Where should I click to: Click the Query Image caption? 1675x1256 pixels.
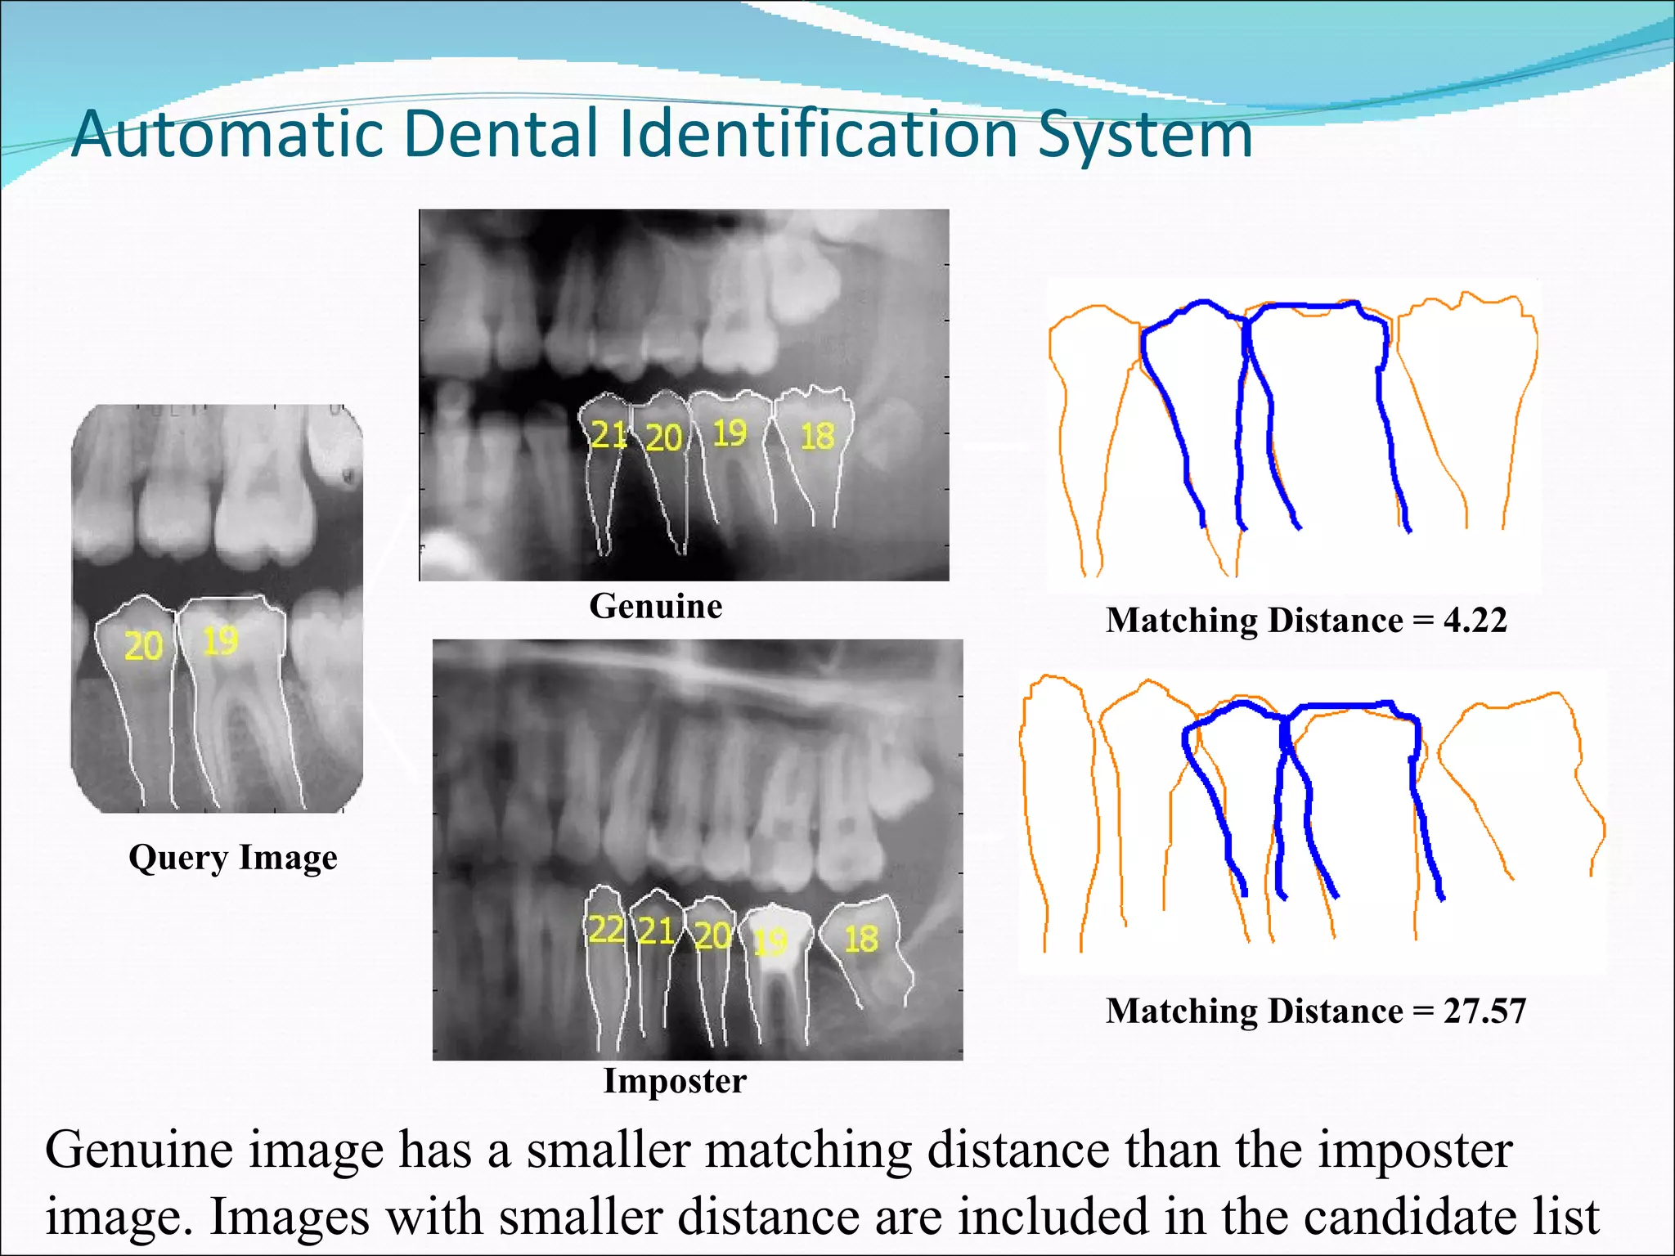point(233,858)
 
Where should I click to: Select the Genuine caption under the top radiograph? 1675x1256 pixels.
point(656,606)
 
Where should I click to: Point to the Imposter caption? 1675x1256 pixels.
point(675,1080)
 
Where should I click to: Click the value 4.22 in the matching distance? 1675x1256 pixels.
point(1475,620)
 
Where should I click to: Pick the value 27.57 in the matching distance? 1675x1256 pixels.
point(1484,1011)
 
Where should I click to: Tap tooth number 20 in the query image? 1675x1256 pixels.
point(144,646)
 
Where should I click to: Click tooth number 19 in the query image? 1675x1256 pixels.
point(220,641)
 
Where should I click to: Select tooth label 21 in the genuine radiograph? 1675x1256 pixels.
point(608,435)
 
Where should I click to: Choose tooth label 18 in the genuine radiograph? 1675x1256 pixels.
point(817,436)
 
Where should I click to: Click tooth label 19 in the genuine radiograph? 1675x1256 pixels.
point(730,433)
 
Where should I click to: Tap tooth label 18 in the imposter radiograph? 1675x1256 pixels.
point(861,939)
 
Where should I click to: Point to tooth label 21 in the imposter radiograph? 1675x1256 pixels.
point(656,931)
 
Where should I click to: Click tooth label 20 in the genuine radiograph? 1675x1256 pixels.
point(664,437)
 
